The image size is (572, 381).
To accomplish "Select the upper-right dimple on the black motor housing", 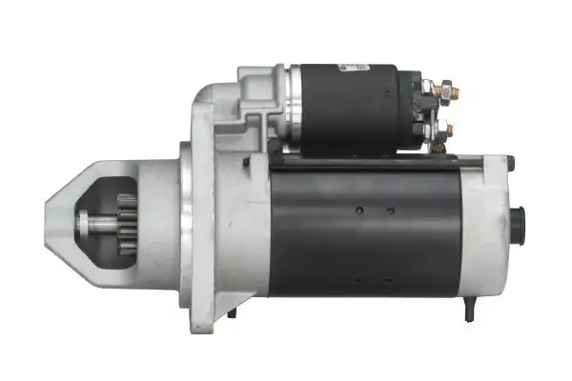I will coord(391,210).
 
